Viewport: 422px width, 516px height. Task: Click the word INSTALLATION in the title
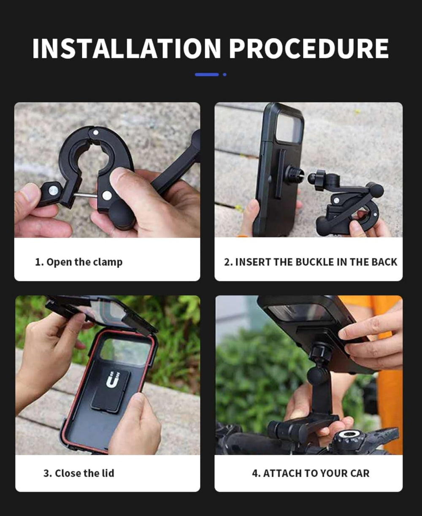click(126, 49)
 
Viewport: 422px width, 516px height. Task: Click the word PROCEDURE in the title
click(308, 49)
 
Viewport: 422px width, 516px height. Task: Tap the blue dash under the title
click(207, 75)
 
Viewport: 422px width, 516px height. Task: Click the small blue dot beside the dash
click(225, 75)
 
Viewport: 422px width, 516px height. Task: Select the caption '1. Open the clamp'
click(78, 262)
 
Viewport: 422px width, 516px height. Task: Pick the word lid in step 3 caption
click(107, 473)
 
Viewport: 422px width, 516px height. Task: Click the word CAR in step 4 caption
click(360, 473)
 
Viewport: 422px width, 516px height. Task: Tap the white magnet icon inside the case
click(111, 380)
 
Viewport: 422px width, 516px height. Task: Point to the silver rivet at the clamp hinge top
click(96, 132)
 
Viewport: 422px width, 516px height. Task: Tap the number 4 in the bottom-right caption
click(255, 473)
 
